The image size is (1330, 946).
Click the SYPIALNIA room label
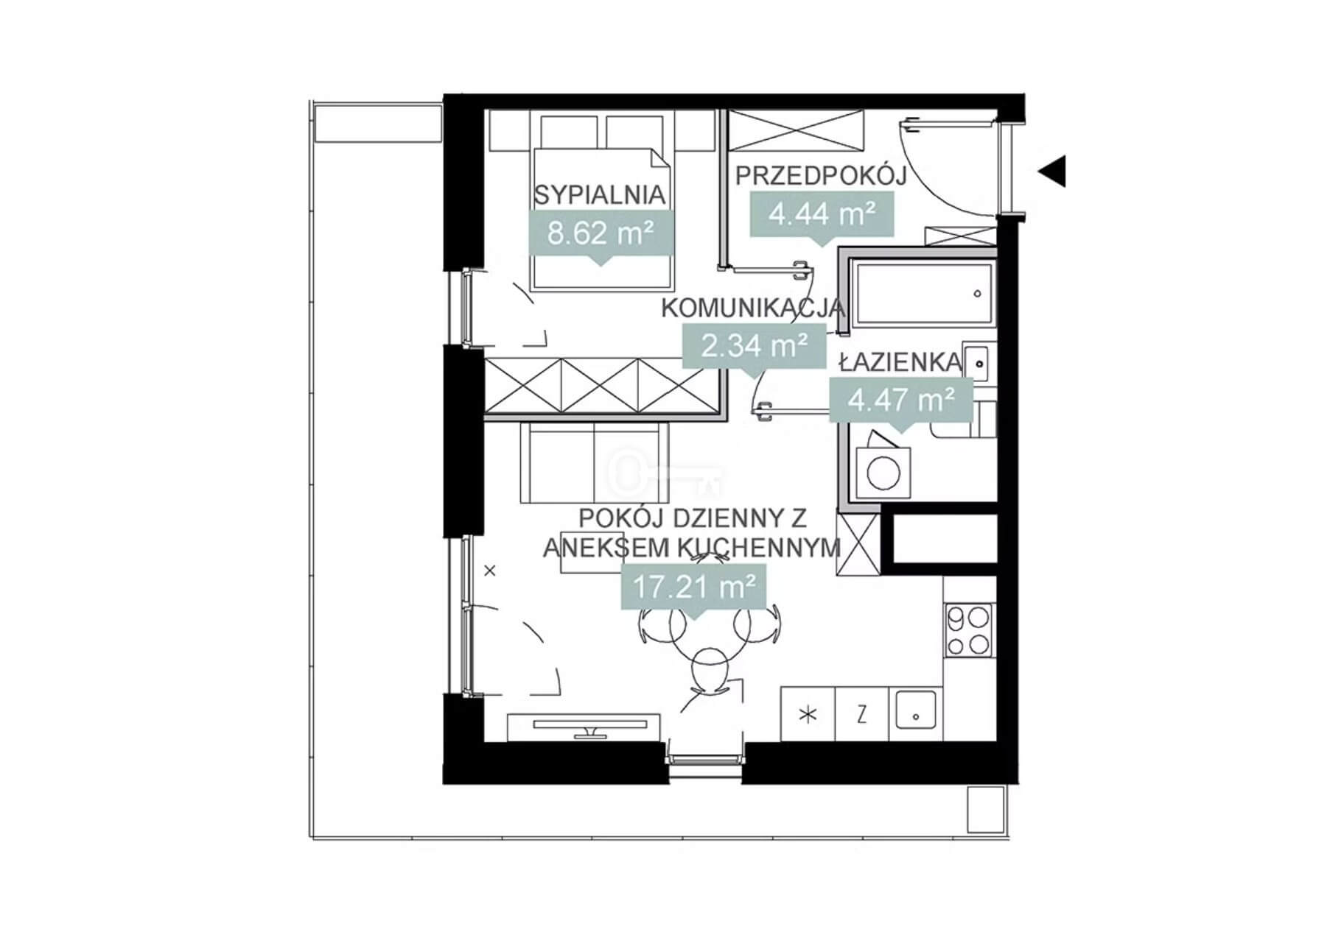[x=600, y=195]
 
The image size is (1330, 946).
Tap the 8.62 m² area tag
[x=601, y=233]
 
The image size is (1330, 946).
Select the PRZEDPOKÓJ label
[x=820, y=175]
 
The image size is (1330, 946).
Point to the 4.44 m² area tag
[x=822, y=214]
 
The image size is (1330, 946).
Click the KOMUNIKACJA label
[x=752, y=308]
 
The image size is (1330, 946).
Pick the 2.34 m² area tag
[x=754, y=345]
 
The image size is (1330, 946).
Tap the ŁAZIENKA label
[x=900, y=362]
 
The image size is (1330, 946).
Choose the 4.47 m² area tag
[x=901, y=400]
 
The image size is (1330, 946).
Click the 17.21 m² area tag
[x=694, y=587]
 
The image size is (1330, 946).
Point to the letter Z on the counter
[x=861, y=714]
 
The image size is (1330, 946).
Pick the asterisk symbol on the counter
[x=808, y=714]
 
